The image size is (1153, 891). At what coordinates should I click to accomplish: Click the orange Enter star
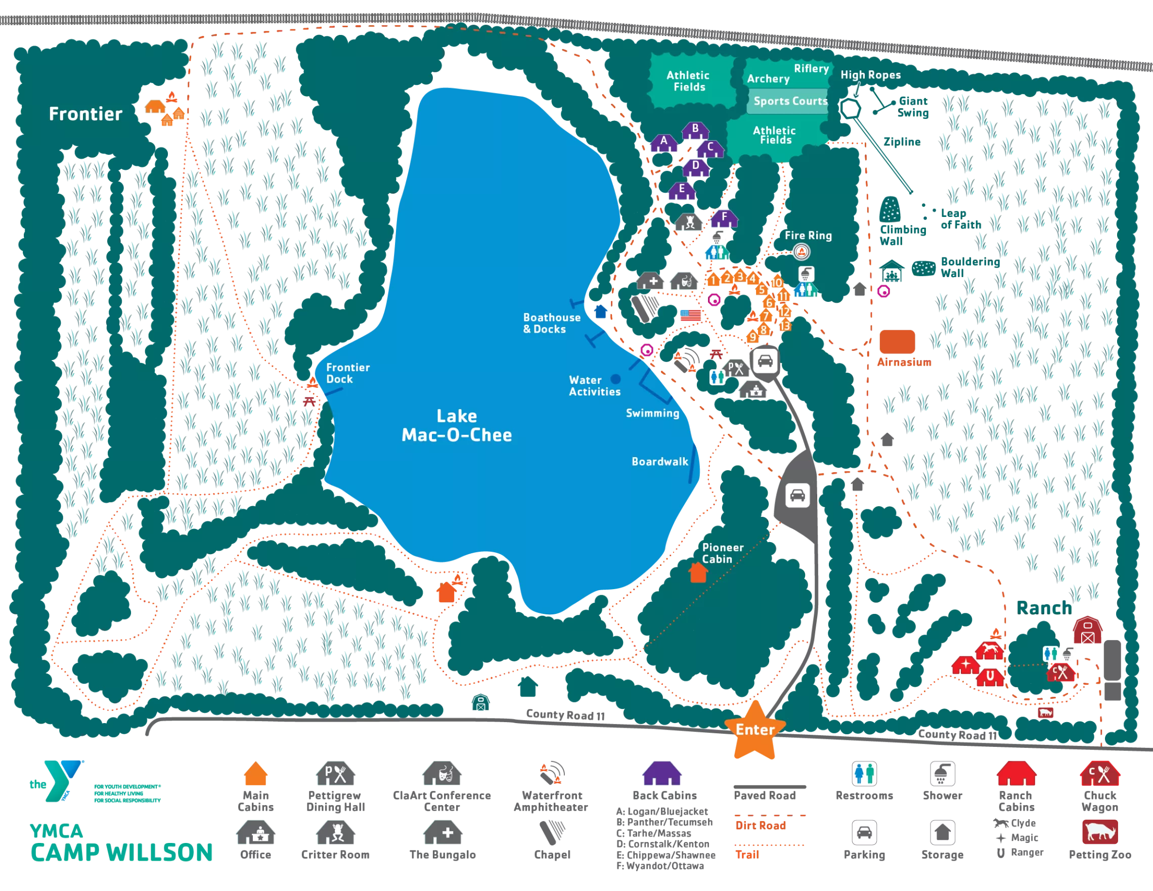tap(755, 730)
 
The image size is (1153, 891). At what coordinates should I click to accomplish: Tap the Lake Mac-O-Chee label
tap(457, 425)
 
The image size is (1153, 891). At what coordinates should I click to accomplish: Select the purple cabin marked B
tap(695, 130)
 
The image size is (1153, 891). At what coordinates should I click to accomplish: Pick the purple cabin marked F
tap(724, 218)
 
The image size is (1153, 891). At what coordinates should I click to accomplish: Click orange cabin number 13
tap(784, 326)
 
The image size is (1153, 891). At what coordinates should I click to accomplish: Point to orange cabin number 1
tap(713, 280)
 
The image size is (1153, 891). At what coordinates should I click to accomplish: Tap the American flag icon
tap(690, 316)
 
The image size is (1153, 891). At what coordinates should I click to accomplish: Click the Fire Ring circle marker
tap(801, 252)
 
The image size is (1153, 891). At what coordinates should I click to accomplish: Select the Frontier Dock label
tap(347, 373)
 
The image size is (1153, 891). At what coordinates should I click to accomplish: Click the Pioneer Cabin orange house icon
tap(698, 573)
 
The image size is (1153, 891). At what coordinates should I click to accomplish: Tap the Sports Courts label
tap(790, 101)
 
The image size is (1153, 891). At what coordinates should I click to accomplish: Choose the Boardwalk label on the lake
tap(659, 461)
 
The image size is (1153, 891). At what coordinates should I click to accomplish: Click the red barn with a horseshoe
tap(990, 677)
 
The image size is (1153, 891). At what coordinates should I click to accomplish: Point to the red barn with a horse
tap(989, 651)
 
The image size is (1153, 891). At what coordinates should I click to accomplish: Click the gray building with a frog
tap(689, 222)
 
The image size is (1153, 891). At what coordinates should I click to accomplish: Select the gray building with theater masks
tap(685, 281)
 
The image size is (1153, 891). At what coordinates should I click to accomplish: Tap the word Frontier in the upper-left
tap(85, 114)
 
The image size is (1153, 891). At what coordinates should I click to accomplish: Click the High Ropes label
tap(870, 75)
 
